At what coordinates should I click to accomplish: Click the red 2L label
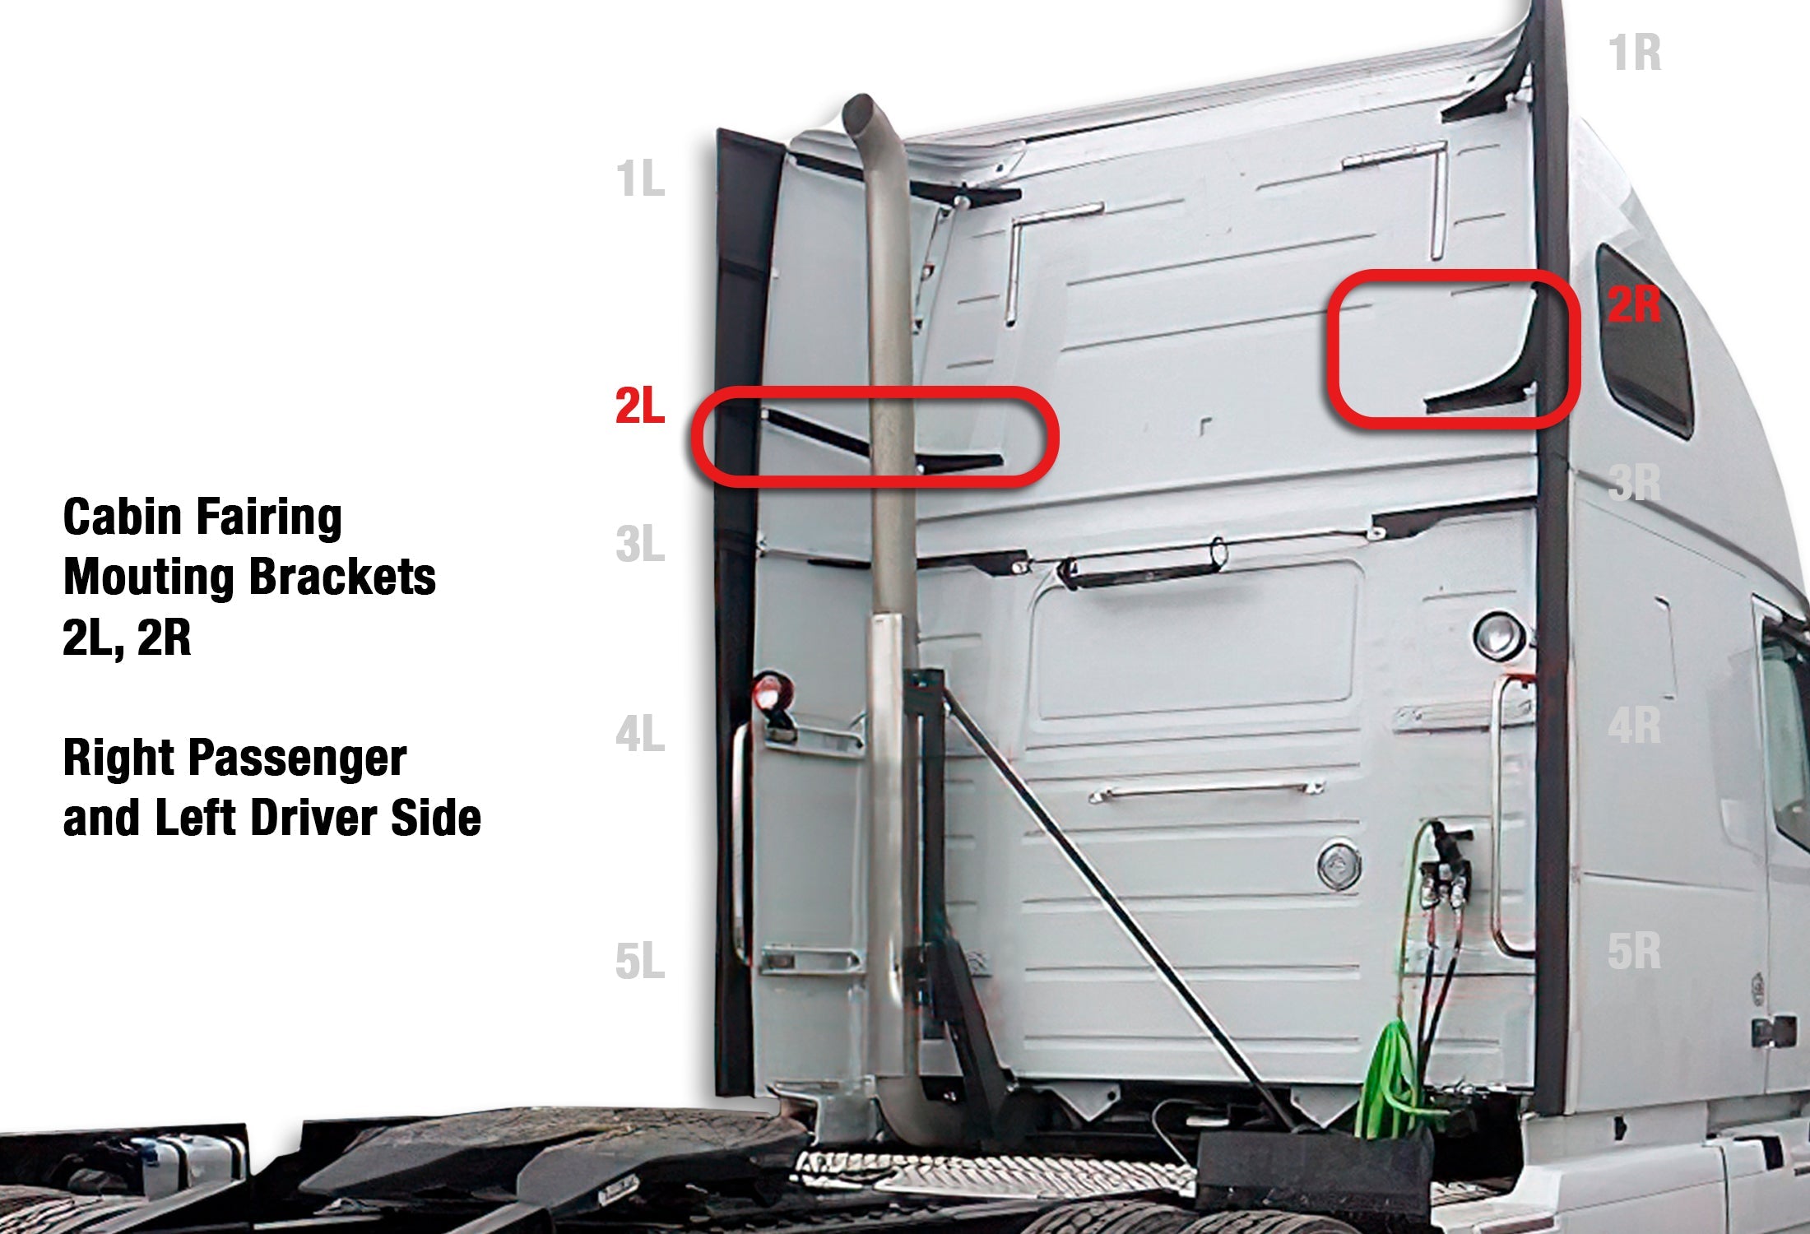[640, 406]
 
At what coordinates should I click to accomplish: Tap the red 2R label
[1635, 305]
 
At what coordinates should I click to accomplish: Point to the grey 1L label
[640, 179]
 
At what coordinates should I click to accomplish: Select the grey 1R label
[1635, 53]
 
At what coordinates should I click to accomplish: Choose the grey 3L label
[640, 545]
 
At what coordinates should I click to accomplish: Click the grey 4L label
[640, 734]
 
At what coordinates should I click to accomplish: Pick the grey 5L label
[640, 961]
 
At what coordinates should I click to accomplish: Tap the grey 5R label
[1635, 951]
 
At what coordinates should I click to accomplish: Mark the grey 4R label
[1635, 726]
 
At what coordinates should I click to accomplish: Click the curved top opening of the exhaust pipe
[858, 109]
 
